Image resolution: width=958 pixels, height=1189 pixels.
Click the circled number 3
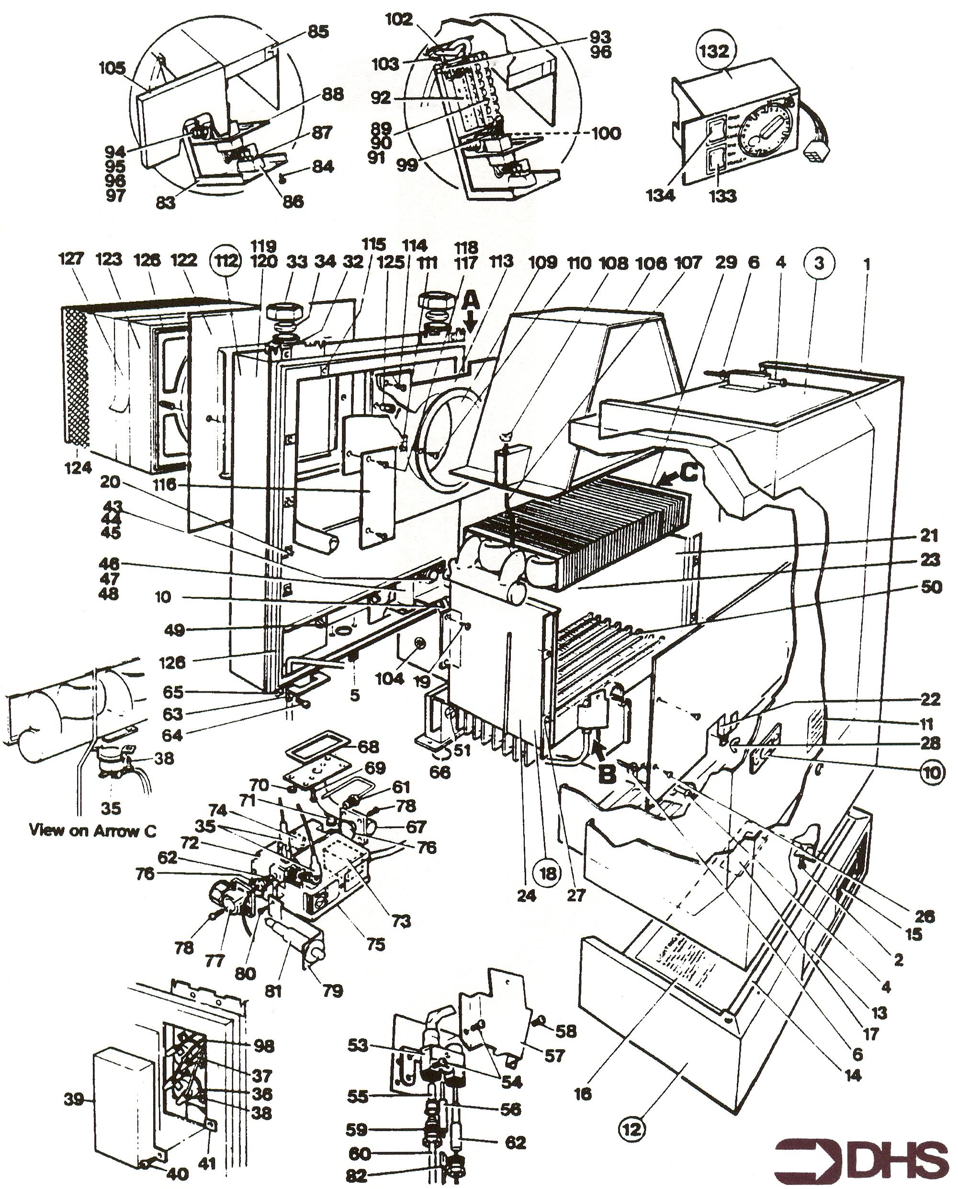pyautogui.click(x=818, y=263)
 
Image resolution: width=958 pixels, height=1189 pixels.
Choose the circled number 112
pyautogui.click(x=227, y=260)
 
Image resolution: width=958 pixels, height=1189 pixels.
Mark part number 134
pyautogui.click(x=661, y=195)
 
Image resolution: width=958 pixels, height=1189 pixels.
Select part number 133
pyautogui.click(x=722, y=195)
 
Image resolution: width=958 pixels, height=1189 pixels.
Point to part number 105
pyautogui.click(x=112, y=68)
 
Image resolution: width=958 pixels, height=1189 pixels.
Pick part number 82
pyautogui.click(x=356, y=1176)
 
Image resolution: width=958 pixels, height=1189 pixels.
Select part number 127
pyautogui.click(x=71, y=259)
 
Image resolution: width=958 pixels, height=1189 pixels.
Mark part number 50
pyautogui.click(x=931, y=586)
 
